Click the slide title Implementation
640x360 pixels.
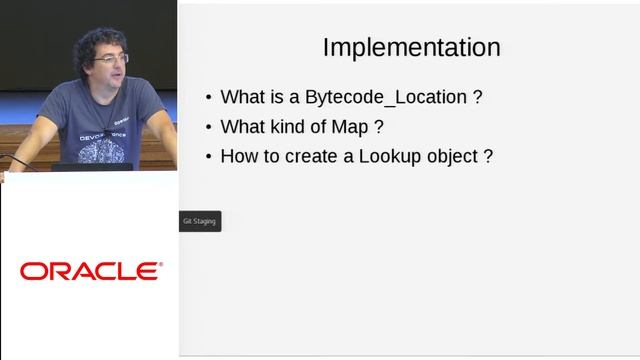[x=411, y=47]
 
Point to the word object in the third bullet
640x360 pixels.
[x=451, y=158]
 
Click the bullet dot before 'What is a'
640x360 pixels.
[x=208, y=98]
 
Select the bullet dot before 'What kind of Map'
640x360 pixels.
[x=208, y=128]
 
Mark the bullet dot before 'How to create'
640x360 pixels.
[x=208, y=157]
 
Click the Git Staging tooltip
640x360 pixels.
[x=198, y=221]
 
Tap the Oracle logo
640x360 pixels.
[x=90, y=271]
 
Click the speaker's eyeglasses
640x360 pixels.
[x=111, y=59]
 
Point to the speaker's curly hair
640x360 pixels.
[x=100, y=40]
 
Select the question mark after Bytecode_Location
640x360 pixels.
[x=478, y=98]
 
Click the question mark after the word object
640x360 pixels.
[x=488, y=157]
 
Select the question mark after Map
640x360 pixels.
[x=380, y=127]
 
